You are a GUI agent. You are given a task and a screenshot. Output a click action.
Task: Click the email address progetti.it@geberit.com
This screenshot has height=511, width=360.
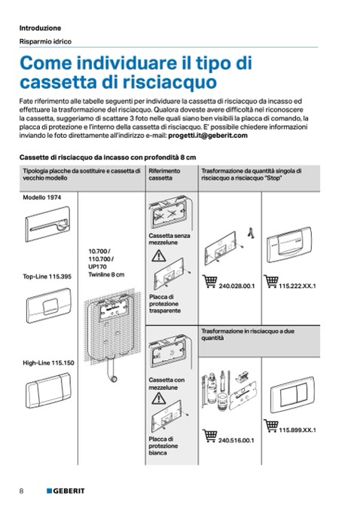tap(208, 136)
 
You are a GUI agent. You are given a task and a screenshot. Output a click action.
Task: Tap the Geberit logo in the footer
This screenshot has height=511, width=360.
tap(66, 491)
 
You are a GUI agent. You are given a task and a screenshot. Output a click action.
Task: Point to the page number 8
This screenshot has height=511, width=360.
tap(22, 491)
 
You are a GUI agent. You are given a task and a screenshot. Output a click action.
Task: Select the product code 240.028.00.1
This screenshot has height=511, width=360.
tap(236, 286)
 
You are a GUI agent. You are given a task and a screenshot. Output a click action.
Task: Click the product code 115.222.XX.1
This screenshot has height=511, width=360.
tap(297, 286)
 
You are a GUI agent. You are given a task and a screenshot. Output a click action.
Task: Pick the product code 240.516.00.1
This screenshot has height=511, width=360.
tap(236, 441)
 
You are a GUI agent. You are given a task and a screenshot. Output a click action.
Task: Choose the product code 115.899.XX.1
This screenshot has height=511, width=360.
tap(297, 430)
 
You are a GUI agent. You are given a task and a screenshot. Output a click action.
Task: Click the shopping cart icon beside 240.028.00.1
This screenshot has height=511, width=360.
tap(209, 282)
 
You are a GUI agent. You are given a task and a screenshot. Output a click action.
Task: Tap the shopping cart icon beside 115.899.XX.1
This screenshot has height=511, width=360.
tap(270, 426)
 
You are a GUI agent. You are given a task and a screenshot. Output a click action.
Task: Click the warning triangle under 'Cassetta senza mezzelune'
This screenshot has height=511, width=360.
tap(159, 256)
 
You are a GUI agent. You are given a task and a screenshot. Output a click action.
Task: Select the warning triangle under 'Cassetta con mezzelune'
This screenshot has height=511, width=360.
tap(159, 399)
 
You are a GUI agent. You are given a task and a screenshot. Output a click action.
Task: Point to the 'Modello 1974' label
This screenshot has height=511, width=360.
tap(41, 197)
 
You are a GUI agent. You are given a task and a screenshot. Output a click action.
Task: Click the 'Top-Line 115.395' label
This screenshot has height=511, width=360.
tap(47, 277)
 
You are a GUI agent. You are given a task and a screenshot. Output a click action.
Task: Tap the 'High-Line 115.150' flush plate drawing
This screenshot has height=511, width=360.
tap(48, 390)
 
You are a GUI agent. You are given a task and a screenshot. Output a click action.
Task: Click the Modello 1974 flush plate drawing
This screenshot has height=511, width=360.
tap(47, 224)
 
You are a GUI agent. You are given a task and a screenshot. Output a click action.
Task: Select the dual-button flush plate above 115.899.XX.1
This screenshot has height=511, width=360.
tap(292, 395)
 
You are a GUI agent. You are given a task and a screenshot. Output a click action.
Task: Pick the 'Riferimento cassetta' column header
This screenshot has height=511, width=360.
tap(164, 174)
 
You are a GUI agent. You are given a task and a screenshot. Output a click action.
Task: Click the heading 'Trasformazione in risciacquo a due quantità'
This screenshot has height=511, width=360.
tap(248, 335)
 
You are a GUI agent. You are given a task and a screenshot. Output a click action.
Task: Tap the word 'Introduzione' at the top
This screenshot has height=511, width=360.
tap(40, 28)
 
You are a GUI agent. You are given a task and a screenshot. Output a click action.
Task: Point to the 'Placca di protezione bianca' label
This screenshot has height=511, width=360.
tap(163, 446)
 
